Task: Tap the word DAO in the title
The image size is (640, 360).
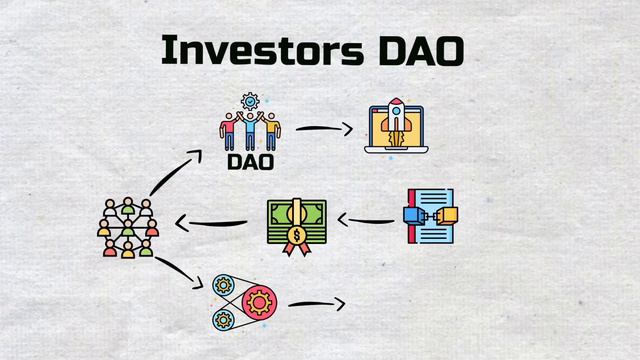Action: (x=420, y=49)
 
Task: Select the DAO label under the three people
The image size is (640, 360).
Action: (x=249, y=160)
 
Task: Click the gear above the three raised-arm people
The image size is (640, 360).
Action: (x=250, y=101)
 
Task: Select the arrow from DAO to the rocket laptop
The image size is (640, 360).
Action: (x=324, y=129)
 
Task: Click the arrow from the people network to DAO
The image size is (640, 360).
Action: (x=173, y=172)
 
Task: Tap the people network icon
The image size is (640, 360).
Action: (x=129, y=227)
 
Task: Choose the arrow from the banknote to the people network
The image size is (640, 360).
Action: (x=210, y=222)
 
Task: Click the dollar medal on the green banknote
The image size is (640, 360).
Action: (x=296, y=236)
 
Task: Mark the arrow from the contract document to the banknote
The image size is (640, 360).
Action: (x=364, y=219)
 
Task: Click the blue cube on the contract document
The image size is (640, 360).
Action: (x=412, y=213)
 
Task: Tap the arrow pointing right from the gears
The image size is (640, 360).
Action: (x=316, y=303)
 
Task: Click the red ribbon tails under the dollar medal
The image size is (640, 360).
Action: (x=296, y=249)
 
